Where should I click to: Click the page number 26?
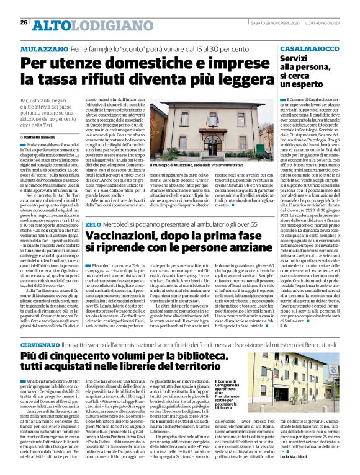[24, 22]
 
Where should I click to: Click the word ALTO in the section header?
[49, 24]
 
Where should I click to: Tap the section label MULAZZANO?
[45, 48]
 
